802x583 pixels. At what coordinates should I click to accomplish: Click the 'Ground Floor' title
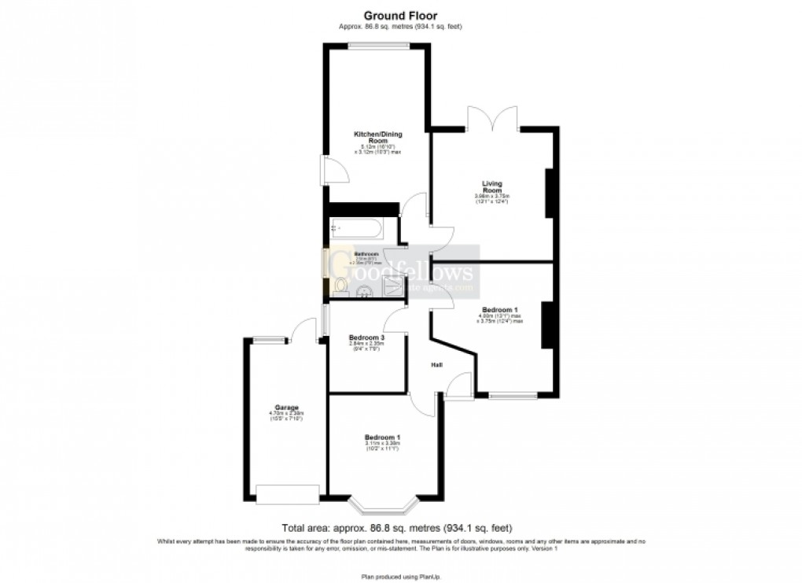400,15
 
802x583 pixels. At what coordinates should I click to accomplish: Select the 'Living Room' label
492,186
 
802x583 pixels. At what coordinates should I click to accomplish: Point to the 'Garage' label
286,407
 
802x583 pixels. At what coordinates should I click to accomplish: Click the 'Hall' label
436,365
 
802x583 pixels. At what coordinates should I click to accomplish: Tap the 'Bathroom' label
366,254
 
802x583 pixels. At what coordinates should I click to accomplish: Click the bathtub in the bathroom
356,229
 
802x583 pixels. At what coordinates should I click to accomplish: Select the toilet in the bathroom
337,284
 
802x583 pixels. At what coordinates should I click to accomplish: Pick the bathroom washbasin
365,293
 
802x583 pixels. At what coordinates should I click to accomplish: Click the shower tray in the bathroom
394,286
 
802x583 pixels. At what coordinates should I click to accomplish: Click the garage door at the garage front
287,494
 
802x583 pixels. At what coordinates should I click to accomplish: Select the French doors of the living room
492,118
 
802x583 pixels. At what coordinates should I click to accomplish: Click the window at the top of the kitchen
379,46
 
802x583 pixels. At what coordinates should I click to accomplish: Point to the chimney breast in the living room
551,193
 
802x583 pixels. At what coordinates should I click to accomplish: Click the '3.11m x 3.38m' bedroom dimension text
383,444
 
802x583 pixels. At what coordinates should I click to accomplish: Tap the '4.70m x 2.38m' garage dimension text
286,413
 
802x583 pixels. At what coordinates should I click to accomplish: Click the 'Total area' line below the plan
400,528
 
